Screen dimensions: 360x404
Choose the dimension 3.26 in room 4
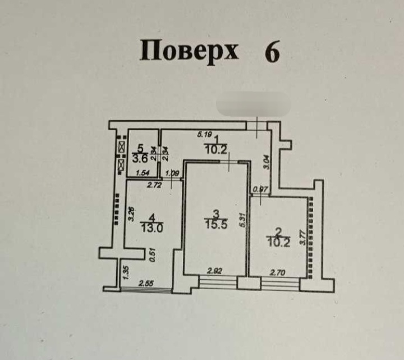pyautogui.click(x=131, y=214)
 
